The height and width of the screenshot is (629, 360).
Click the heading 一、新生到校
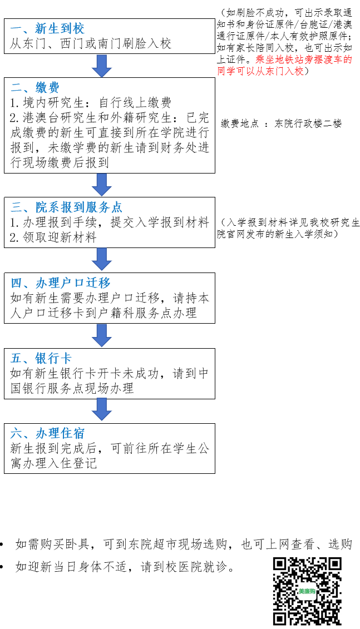tap(47, 28)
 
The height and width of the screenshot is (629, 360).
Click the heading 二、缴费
tap(35, 87)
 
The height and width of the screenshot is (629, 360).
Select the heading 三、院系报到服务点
tap(66, 207)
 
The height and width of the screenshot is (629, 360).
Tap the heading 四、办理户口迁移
tap(60, 283)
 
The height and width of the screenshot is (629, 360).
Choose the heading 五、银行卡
tap(41, 358)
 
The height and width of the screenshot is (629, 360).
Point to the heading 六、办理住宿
tap(47, 433)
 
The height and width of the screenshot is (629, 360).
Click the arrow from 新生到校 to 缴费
tap(101, 66)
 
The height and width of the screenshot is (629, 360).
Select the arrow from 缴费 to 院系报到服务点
tap(101, 185)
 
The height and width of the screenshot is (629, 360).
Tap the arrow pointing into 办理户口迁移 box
tap(101, 260)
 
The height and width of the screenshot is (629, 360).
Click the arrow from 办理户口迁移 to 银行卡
tap(101, 335)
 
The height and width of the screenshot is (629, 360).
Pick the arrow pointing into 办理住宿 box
tap(101, 410)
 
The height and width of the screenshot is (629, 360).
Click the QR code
tap(307, 591)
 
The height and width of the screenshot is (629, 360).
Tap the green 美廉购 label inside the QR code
tap(307, 591)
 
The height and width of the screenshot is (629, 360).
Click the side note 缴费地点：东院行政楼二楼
tap(281, 123)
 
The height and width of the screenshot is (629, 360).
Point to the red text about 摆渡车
tap(284, 65)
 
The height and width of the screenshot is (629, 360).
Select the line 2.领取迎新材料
tap(53, 237)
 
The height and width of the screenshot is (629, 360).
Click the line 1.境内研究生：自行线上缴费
tap(91, 103)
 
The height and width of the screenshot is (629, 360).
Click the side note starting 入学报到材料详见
tap(288, 228)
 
